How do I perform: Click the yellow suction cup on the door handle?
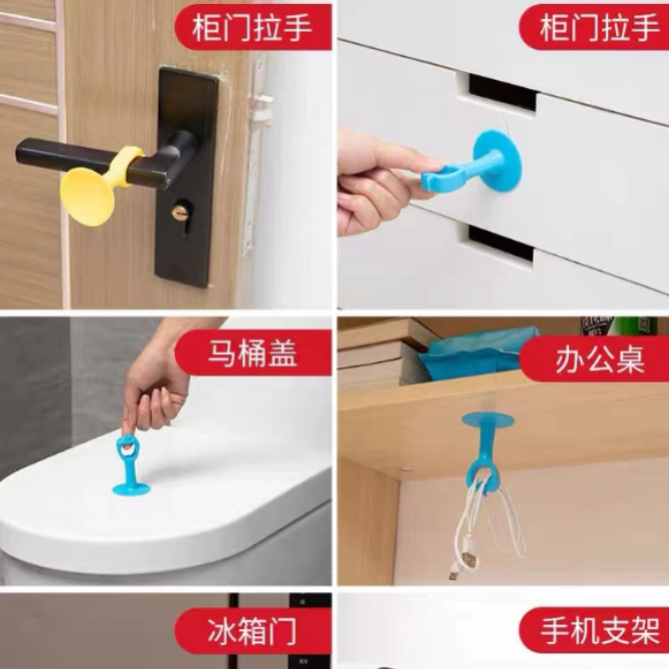[87, 197]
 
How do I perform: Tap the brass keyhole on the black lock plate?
[180, 212]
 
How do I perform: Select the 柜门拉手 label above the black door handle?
[253, 28]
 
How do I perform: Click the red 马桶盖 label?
[253, 353]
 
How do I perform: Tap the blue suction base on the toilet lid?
[131, 489]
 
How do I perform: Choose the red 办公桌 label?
[596, 358]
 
